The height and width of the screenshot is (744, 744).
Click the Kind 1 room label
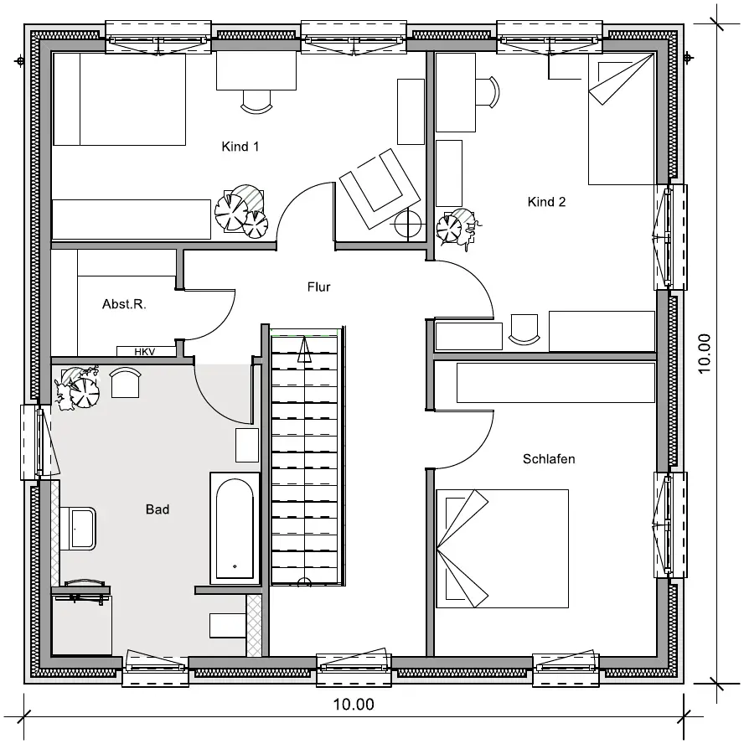point(240,147)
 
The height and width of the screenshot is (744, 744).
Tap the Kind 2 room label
point(546,202)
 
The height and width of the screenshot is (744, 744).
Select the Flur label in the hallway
point(319,287)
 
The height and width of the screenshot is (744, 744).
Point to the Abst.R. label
point(124,304)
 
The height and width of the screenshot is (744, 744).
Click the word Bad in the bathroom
point(158,509)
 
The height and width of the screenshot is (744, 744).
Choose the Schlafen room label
point(549,459)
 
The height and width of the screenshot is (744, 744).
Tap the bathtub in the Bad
point(235,528)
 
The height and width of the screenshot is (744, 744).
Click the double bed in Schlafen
point(503,549)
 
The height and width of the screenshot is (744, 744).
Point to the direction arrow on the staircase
point(304,349)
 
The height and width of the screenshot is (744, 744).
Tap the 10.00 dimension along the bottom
point(354,705)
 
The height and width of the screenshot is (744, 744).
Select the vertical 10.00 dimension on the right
point(705,354)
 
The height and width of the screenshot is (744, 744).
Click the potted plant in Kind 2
point(457,228)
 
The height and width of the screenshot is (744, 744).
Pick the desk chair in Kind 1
point(256,102)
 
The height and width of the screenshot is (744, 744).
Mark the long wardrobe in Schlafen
point(555,383)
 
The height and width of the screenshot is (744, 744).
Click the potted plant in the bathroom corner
point(77,388)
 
